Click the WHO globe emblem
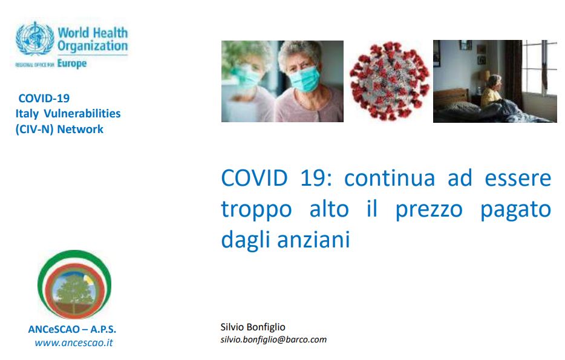(34, 39)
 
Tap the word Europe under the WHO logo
(72, 64)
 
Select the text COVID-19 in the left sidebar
(44, 98)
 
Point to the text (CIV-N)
(34, 129)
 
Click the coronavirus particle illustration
(389, 80)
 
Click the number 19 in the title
(316, 178)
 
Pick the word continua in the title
(390, 178)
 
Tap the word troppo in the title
(256, 210)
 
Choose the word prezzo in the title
(429, 210)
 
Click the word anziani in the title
(313, 240)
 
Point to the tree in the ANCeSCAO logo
(74, 291)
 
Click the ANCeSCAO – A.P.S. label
(72, 329)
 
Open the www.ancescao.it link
(74, 342)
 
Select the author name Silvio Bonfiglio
(253, 327)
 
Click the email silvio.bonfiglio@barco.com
(273, 339)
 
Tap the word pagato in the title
(515, 210)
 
